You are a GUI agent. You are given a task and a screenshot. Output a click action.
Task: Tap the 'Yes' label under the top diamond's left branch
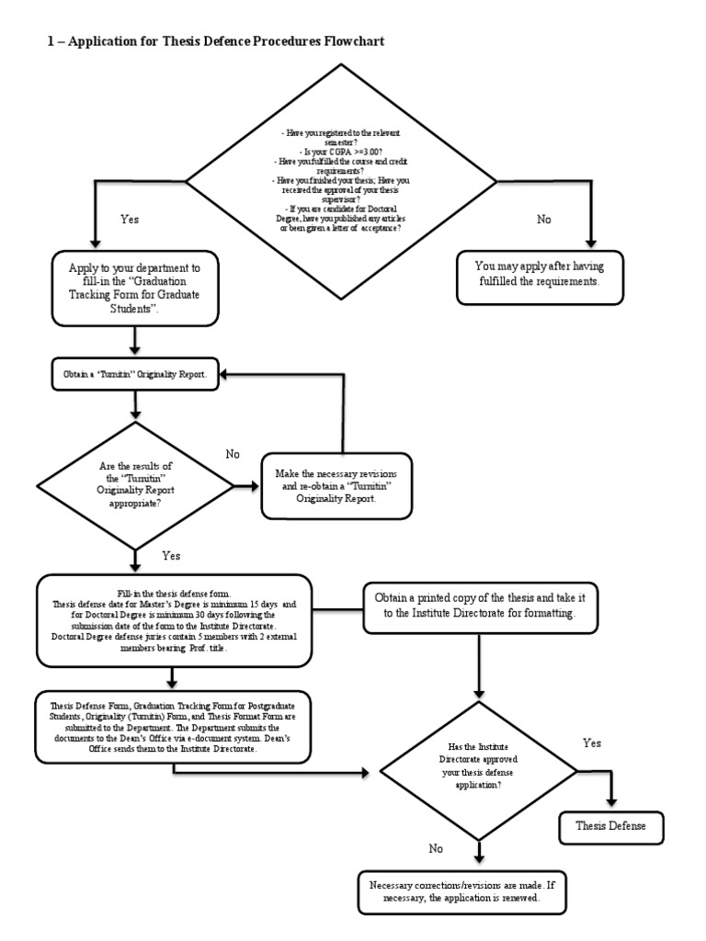pos(131,221)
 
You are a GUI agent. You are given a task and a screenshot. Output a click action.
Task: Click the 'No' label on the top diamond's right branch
pos(545,220)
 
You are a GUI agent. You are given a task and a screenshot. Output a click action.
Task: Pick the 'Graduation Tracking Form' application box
pos(135,288)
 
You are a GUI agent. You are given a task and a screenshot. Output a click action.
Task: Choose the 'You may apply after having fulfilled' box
pos(537,274)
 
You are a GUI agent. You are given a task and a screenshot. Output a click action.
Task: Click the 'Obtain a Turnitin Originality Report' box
pos(135,376)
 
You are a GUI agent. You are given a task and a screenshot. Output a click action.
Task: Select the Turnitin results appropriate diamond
pos(135,484)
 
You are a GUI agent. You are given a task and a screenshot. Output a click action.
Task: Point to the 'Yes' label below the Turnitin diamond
pos(171,556)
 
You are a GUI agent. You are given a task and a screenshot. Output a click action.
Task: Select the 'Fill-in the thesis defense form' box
pos(174,619)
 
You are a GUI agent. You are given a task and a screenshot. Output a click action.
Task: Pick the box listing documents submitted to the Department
pos(174,724)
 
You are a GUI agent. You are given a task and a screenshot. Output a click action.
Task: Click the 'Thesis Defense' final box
pos(610,826)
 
